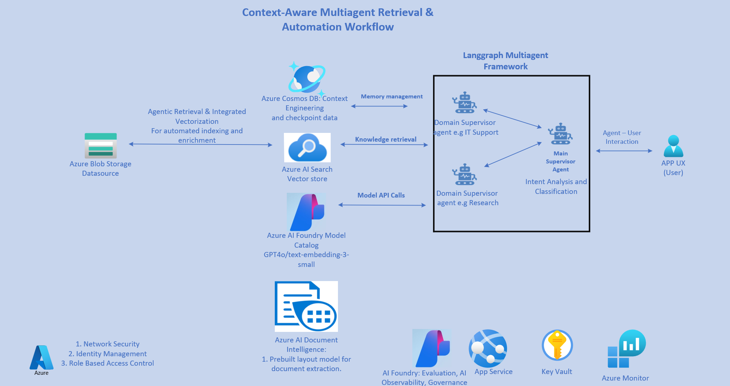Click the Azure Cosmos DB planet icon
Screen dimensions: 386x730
(x=307, y=78)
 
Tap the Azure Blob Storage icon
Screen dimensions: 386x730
(x=101, y=146)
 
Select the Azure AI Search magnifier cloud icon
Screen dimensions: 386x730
(x=307, y=147)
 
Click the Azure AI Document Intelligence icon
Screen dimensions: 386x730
(x=306, y=306)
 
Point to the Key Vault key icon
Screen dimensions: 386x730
(x=557, y=345)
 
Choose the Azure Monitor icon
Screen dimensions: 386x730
(x=627, y=349)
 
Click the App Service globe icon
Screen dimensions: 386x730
(x=488, y=348)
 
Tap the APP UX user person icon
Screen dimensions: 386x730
(x=673, y=146)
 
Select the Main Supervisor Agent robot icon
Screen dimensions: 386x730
(x=560, y=134)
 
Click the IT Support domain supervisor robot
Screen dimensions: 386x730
(x=464, y=103)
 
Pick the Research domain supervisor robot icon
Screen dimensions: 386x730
(x=464, y=175)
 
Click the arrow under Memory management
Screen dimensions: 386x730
(x=379, y=106)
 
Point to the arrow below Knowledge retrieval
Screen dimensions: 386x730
(x=384, y=145)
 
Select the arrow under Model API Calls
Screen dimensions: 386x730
(x=382, y=205)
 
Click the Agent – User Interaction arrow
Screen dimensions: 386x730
(x=624, y=151)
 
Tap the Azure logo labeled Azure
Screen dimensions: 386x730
(x=41, y=358)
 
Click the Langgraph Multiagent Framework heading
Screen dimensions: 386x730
(x=505, y=61)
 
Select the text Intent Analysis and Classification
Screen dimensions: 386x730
(x=556, y=186)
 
